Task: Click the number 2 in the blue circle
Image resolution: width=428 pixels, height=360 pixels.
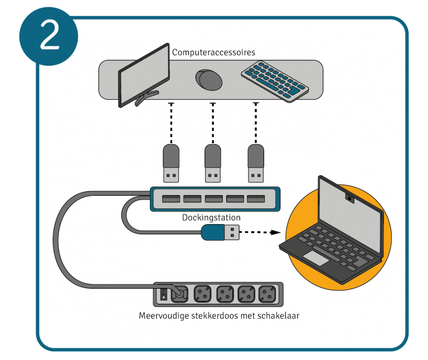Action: [x=49, y=36]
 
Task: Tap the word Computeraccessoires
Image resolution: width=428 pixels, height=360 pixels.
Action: [x=213, y=52]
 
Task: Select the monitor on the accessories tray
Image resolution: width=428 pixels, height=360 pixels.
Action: [x=144, y=75]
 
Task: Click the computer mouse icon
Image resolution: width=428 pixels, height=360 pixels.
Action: [x=209, y=80]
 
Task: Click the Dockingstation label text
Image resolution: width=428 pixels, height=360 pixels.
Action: [x=211, y=217]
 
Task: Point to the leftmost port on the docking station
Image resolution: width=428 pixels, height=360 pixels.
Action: [x=170, y=199]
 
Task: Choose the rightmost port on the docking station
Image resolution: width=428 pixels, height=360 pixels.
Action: [x=256, y=199]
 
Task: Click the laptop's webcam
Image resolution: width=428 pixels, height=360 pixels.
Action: [x=349, y=196]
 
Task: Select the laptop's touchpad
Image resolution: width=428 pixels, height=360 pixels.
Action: [x=315, y=257]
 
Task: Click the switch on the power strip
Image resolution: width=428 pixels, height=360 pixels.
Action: [x=163, y=293]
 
